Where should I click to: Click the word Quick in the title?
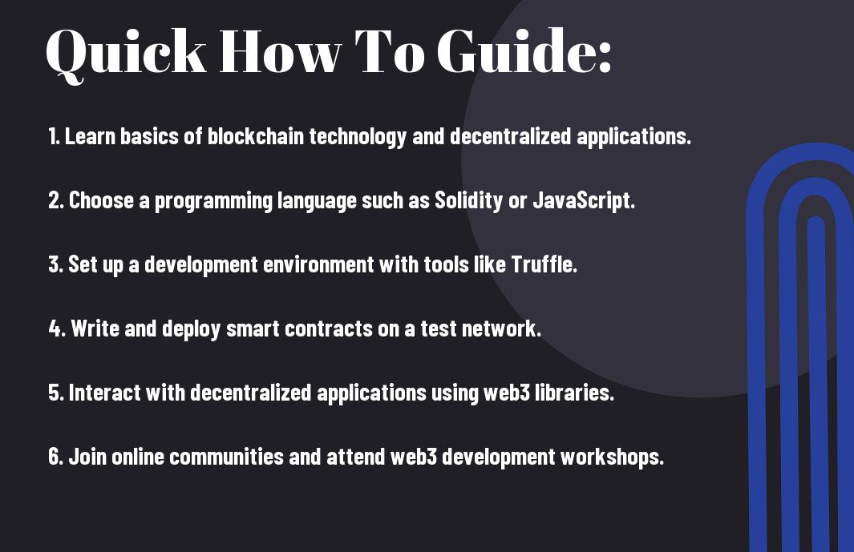pyautogui.click(x=126, y=53)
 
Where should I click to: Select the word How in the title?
pyautogui.click(x=280, y=52)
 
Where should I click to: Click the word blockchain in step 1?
pyautogui.click(x=255, y=136)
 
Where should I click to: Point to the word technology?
pyautogui.click(x=358, y=137)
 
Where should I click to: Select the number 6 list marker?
pyautogui.click(x=56, y=456)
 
